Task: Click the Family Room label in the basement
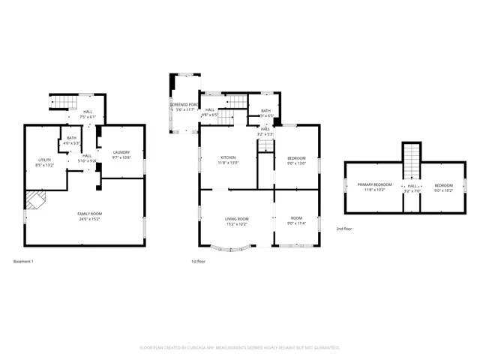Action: click(x=89, y=214)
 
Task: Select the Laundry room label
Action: click(x=121, y=153)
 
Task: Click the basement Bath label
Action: click(x=71, y=138)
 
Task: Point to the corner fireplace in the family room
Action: click(x=34, y=199)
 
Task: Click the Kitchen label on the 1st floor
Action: click(x=227, y=157)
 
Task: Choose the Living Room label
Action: click(x=236, y=219)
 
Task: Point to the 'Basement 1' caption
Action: click(x=23, y=261)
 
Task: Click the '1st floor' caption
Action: click(x=198, y=261)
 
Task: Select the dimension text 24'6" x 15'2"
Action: click(x=89, y=220)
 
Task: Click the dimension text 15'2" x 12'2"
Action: click(x=236, y=224)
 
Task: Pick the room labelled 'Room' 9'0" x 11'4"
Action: click(x=296, y=219)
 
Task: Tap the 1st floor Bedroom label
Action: click(x=296, y=157)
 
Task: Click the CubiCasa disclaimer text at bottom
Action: click(x=240, y=348)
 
